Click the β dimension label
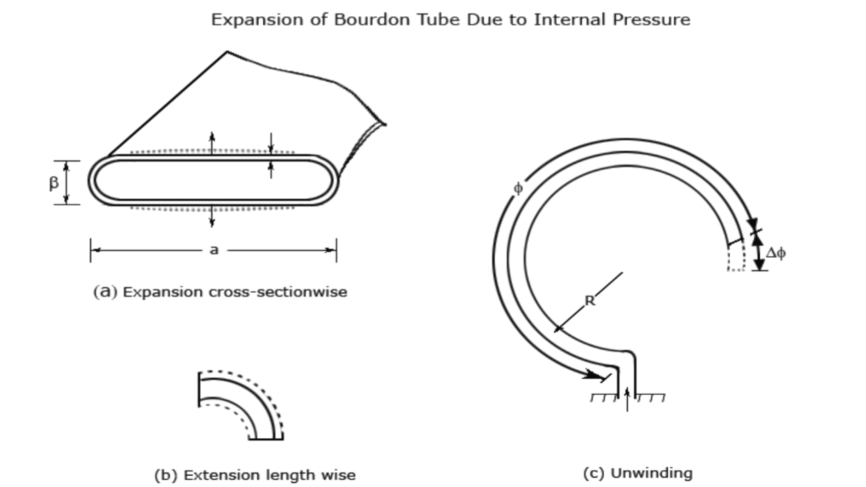(x=53, y=183)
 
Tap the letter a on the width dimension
(x=214, y=250)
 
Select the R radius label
(x=590, y=301)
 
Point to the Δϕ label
(x=776, y=254)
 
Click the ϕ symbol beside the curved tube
(x=518, y=189)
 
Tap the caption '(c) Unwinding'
(x=637, y=473)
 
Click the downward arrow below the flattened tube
(x=212, y=217)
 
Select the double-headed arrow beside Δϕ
(x=758, y=251)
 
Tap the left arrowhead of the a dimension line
(x=95, y=250)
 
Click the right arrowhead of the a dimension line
(x=331, y=250)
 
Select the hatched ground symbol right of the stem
(x=650, y=398)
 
